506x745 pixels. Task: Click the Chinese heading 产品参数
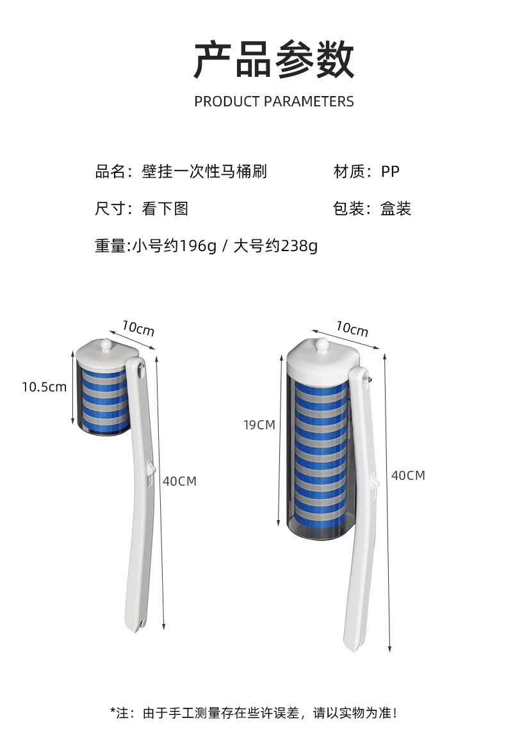coord(273,59)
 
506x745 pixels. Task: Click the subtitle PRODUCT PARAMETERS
coord(273,101)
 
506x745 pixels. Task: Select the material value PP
coord(390,172)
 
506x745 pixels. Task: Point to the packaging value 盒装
coord(396,209)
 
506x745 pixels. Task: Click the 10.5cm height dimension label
coord(44,387)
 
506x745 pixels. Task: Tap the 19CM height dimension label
coord(259,424)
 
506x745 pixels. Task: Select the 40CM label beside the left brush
coord(179,481)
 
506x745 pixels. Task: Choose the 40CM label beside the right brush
coord(408,475)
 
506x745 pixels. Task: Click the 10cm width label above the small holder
coord(138,329)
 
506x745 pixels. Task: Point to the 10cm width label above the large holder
coord(352,329)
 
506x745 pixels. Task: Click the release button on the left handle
coord(149,468)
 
